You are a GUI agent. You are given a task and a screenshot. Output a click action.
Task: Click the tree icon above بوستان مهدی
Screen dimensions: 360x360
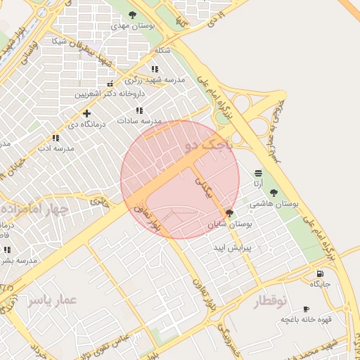pos(133,14)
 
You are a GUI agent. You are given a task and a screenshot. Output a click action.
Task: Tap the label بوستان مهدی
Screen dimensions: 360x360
pos(133,25)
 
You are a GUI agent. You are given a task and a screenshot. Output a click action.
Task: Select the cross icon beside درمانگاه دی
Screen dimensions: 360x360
pos(86,113)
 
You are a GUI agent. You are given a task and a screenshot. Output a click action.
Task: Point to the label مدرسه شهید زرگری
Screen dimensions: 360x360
pos(159,80)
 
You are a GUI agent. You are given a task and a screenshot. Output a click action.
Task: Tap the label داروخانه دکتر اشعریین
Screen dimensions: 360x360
pos(110,93)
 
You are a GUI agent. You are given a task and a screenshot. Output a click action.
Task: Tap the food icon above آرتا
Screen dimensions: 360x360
pos(259,173)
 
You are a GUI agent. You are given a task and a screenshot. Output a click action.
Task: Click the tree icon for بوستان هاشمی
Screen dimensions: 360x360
pos(274,193)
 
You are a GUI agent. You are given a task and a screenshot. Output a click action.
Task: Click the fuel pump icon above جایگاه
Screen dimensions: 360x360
pos(321,274)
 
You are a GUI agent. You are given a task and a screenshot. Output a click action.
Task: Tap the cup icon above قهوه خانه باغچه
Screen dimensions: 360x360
pos(305,309)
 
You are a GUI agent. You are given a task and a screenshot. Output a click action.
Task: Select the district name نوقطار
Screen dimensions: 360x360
pos(269,300)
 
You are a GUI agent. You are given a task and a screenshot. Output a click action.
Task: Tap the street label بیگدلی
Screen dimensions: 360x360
pos(202,186)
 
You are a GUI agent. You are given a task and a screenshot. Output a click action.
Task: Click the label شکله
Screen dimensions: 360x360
pos(162,51)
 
